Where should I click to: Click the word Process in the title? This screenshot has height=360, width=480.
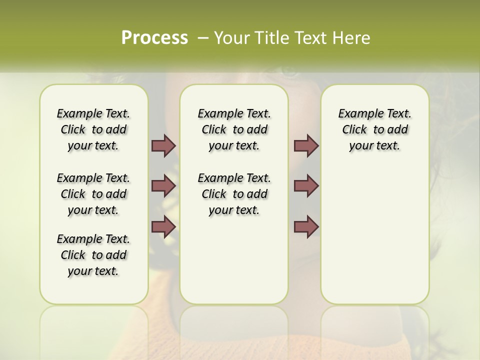(x=154, y=37)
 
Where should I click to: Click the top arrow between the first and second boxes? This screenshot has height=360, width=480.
(x=163, y=145)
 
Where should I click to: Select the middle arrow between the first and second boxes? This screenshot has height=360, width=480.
(x=163, y=186)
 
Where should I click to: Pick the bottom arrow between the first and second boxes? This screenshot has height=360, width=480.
(x=163, y=226)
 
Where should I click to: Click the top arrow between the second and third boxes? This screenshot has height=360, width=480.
(x=306, y=145)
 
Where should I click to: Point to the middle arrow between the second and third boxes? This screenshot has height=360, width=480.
(x=306, y=186)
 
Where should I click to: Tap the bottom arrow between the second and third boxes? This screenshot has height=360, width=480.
(x=306, y=226)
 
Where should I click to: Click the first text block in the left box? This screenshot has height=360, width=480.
(x=93, y=129)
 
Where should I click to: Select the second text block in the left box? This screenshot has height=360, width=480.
(x=93, y=194)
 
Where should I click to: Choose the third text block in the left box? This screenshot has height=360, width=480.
(x=93, y=255)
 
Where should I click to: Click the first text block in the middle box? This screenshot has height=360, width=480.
(x=234, y=129)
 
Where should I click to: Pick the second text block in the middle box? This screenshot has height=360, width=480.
(x=234, y=194)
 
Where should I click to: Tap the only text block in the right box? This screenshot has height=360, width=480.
(x=374, y=129)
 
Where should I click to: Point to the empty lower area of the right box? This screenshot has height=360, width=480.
(x=374, y=235)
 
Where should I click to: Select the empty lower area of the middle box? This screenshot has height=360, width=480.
(x=234, y=260)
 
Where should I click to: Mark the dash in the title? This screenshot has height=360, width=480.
(x=203, y=37)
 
